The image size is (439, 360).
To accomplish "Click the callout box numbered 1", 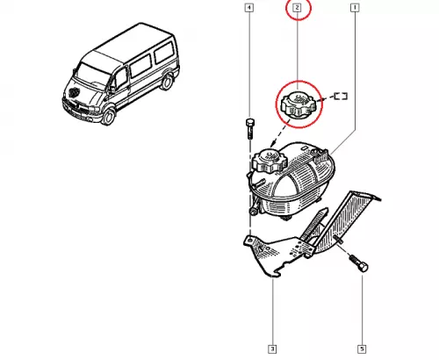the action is click(355, 8).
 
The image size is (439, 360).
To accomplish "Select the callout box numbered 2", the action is click(298, 8).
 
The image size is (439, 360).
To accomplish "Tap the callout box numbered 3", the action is click(272, 349).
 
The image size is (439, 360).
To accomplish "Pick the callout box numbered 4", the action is click(249, 8).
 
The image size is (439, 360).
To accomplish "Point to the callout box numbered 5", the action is click(362, 349).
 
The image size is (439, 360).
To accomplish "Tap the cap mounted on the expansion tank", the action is click(270, 161).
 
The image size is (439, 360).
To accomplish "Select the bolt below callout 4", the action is click(249, 128).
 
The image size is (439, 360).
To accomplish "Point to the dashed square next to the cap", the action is click(341, 96).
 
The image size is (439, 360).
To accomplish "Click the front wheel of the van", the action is click(108, 116).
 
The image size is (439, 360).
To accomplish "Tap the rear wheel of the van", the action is click(167, 82).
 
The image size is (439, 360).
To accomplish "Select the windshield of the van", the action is click(93, 74).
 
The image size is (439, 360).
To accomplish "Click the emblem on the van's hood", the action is click(73, 92).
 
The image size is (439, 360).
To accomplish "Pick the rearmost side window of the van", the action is click(164, 53).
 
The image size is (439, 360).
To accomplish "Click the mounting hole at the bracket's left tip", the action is click(249, 241).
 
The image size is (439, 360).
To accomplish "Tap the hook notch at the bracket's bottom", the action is click(274, 275).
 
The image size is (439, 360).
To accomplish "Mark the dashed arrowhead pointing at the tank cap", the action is click(273, 143).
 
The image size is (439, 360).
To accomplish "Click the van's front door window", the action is click(121, 77).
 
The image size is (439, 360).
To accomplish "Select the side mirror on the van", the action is click(112, 89).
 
